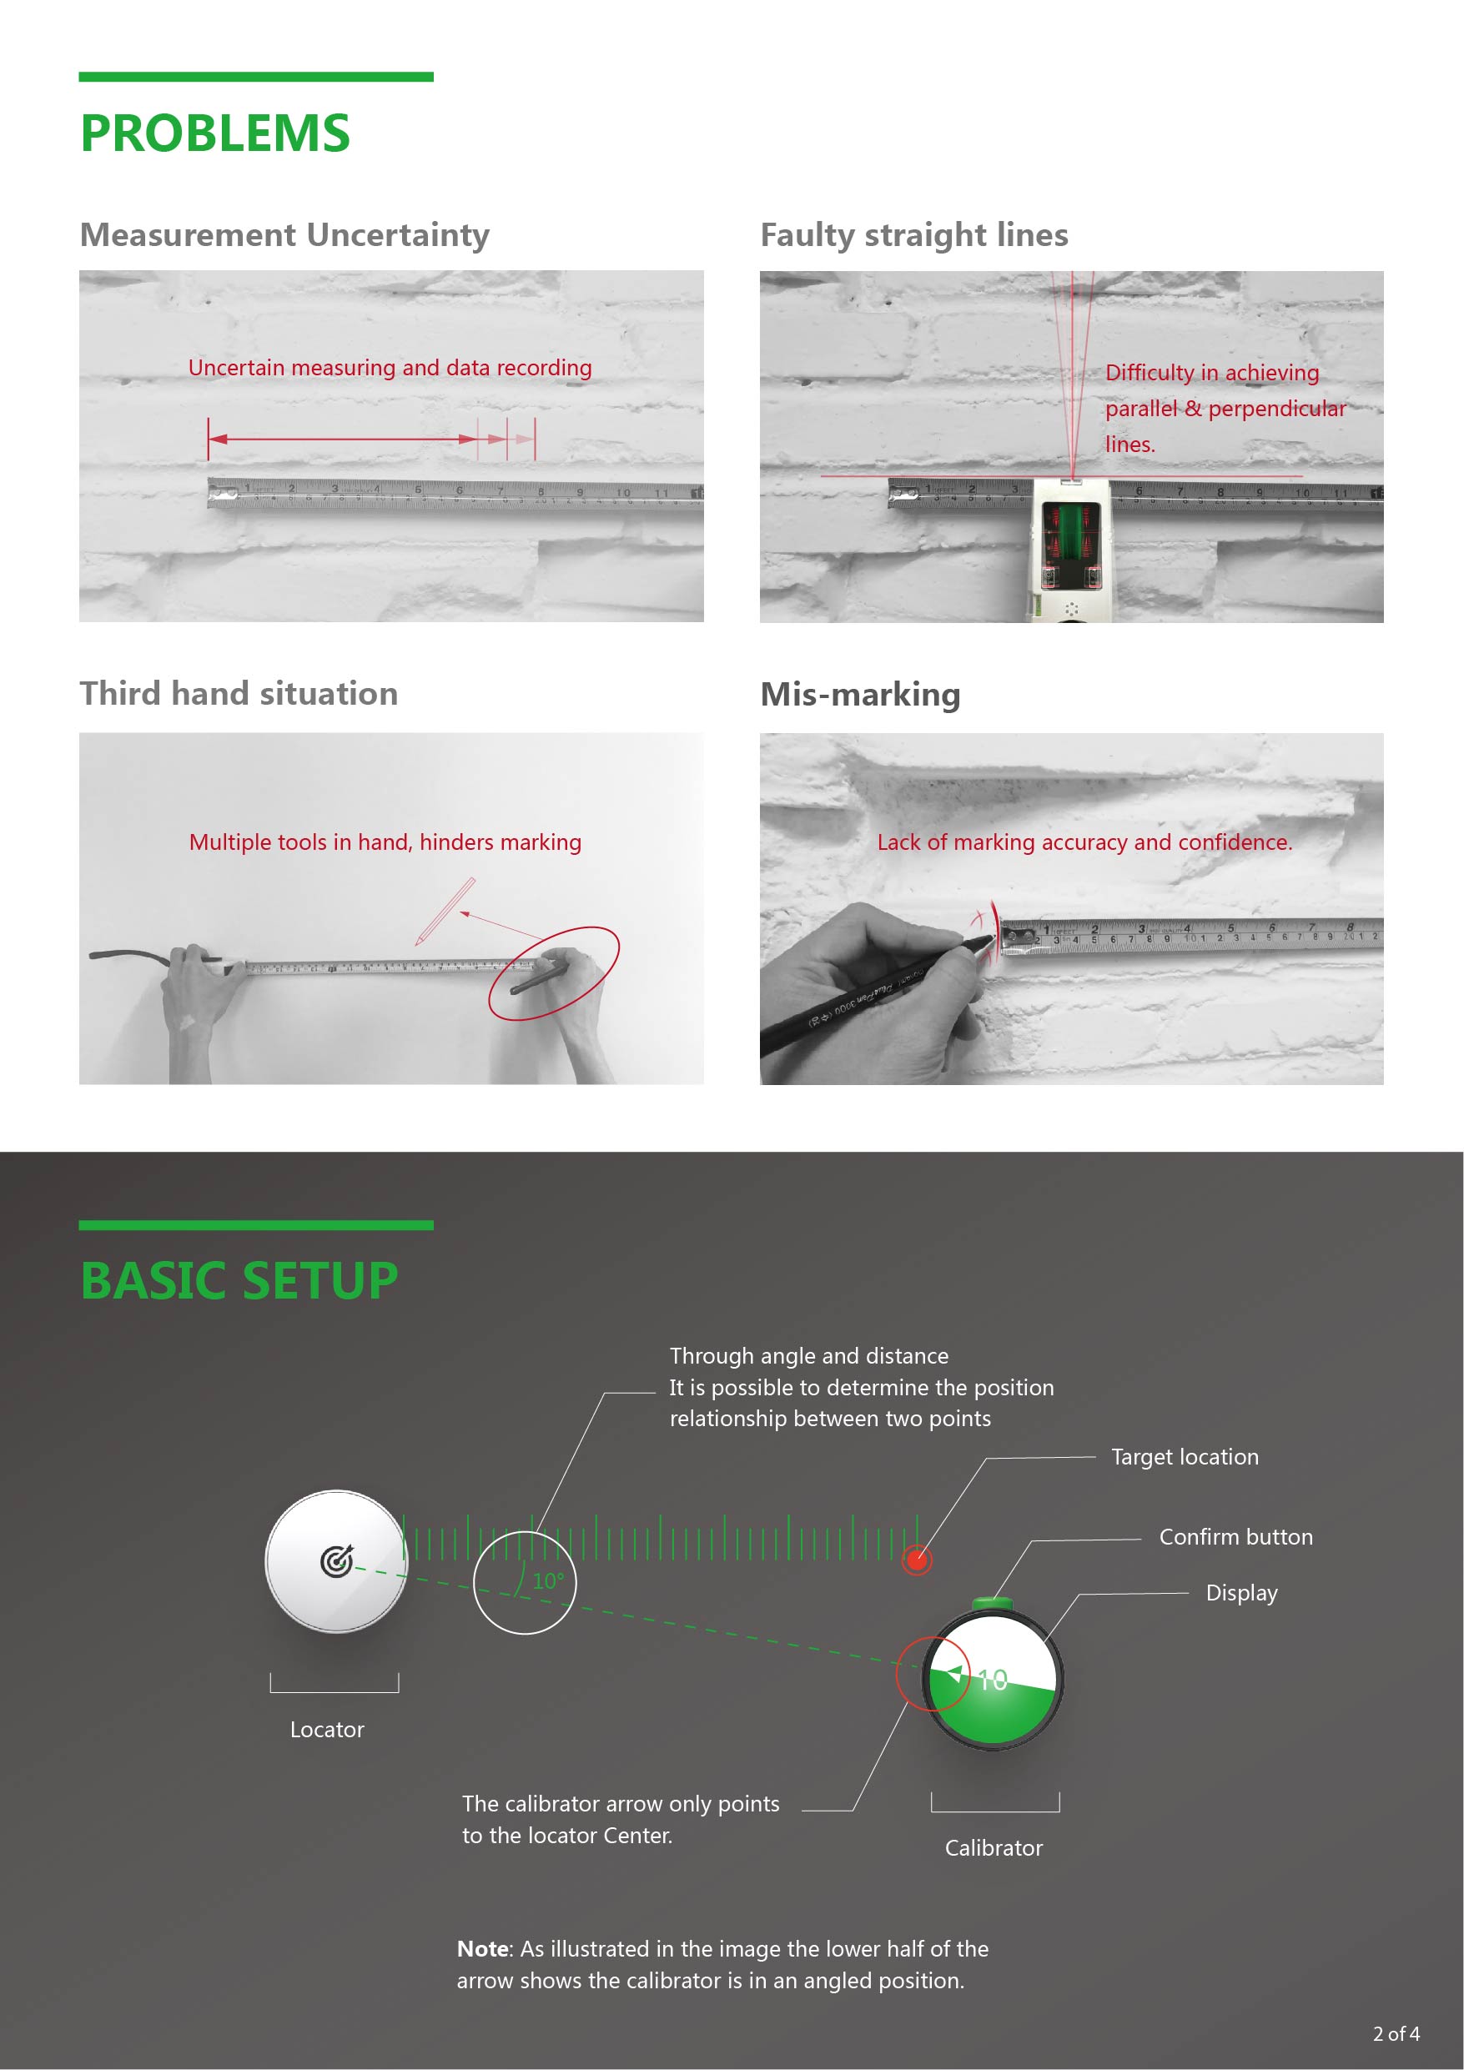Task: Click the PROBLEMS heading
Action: [214, 133]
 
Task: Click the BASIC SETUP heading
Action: [239, 1281]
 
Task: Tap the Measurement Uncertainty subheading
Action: [284, 235]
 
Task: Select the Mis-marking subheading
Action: [860, 695]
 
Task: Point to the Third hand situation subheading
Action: [238, 694]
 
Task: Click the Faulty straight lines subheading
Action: [913, 235]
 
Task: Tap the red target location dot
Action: [917, 1560]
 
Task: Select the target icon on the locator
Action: [336, 1560]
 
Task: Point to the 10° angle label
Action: [547, 1581]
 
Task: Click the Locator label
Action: [326, 1730]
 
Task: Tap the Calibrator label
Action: [994, 1848]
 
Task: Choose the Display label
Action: [1241, 1593]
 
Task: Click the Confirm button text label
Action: [1235, 1537]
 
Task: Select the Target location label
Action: [1185, 1457]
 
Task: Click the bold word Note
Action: [483, 1949]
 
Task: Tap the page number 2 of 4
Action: [1396, 2034]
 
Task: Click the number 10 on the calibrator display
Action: [992, 1680]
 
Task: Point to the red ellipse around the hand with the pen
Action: [554, 972]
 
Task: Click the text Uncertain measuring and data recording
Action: [390, 368]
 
